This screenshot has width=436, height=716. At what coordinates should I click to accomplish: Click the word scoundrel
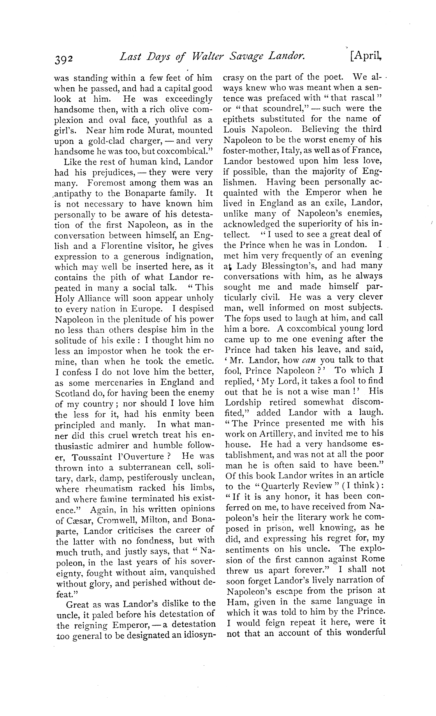tap(276, 108)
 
